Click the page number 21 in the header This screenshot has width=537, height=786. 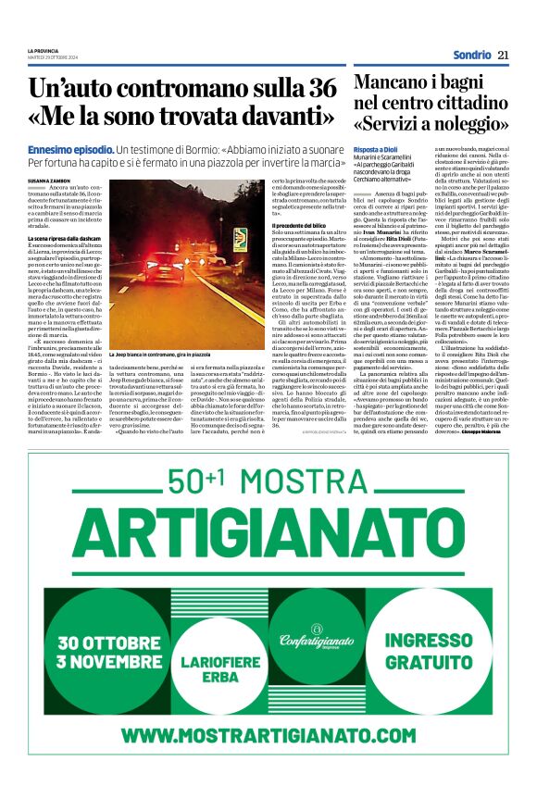tap(503, 56)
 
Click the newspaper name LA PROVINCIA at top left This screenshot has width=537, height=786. tap(44, 50)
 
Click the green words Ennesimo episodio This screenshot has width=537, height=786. tap(69, 149)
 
